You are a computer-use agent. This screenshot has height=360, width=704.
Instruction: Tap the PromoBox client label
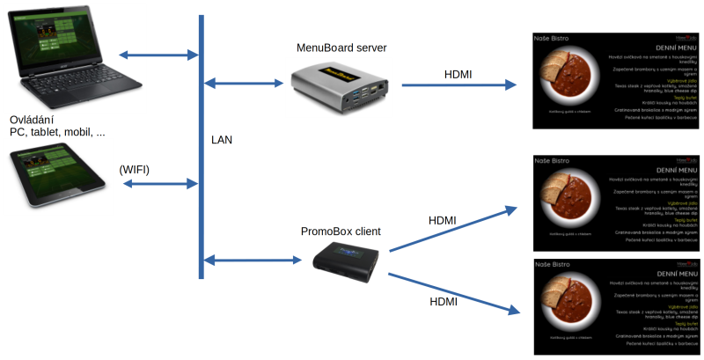click(341, 232)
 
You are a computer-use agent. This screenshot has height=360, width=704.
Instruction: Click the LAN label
click(223, 140)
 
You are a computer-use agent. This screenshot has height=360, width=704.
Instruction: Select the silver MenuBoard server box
click(340, 89)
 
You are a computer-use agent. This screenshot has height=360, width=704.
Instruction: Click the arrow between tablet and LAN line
click(158, 184)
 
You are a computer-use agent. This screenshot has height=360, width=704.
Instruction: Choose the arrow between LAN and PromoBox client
click(251, 260)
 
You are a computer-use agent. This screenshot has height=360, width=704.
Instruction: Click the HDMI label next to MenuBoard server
click(458, 75)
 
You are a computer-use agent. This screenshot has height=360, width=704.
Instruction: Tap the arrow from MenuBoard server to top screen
click(458, 85)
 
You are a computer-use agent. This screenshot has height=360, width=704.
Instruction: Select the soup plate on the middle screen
click(572, 197)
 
